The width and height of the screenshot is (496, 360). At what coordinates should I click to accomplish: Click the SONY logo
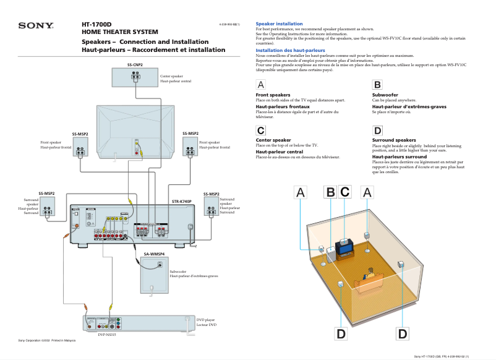[x=36, y=26]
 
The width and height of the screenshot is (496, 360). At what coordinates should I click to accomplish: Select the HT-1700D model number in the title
[x=96, y=25]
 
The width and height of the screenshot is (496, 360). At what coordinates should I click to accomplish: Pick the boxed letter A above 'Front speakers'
[x=261, y=85]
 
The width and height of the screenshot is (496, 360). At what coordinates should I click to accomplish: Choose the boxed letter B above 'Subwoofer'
[x=377, y=85]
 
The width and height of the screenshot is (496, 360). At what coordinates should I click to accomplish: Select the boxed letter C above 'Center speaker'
[x=261, y=130]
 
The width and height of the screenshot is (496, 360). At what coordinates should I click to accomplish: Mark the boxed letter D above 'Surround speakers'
[x=377, y=130]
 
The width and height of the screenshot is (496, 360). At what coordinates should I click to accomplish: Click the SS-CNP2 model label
[x=135, y=64]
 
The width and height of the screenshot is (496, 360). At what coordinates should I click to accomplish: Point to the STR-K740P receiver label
[x=182, y=202]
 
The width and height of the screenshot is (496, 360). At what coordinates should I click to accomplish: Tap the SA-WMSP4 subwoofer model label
[x=154, y=254]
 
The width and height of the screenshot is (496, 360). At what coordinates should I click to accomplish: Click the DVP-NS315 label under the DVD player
[x=107, y=335]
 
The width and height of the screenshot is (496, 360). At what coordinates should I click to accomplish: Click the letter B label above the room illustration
[x=330, y=193]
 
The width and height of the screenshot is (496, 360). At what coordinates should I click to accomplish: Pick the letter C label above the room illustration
[x=345, y=193]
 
